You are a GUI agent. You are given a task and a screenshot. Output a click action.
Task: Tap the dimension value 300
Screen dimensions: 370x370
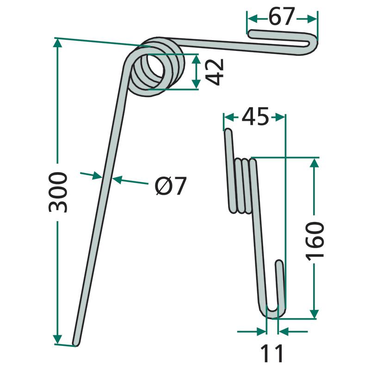[58, 192]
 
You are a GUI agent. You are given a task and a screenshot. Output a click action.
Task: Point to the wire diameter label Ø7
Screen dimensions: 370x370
[171, 186]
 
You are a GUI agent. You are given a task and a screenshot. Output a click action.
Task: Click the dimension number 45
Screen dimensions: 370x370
[255, 117]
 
